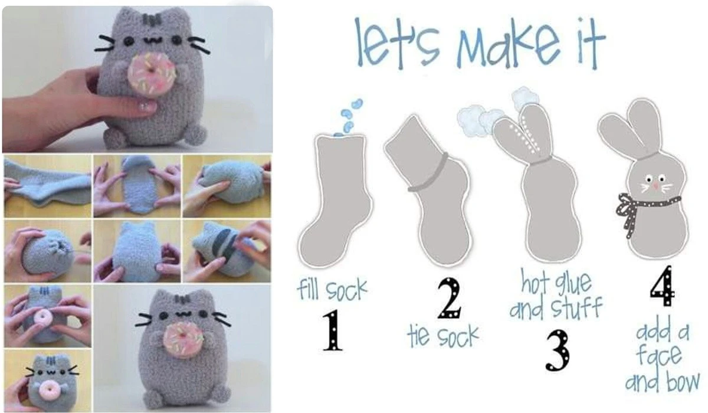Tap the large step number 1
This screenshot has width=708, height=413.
pos(333,330)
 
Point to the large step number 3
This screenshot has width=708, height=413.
pos(558,350)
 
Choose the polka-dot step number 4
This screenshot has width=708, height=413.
pos(662,286)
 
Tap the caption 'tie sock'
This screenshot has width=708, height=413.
pos(443,336)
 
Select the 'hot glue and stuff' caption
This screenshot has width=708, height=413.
pos(556,294)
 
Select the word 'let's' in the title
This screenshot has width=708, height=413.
pos(396,42)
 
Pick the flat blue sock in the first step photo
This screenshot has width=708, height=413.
pos(47,186)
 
